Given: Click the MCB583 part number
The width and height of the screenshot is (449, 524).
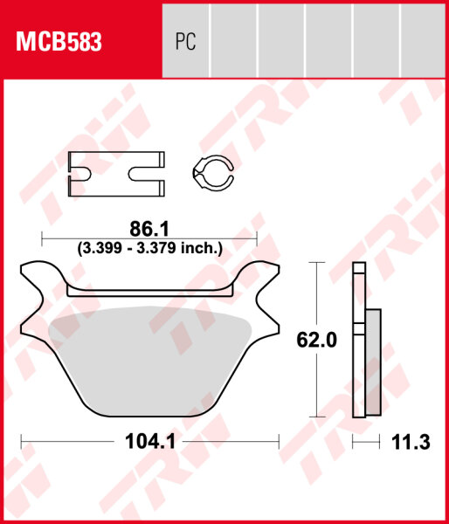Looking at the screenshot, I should click(x=56, y=41).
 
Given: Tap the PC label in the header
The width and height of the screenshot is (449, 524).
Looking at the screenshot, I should click(x=185, y=41).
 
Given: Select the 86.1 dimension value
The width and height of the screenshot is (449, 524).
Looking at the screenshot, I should click(x=149, y=229).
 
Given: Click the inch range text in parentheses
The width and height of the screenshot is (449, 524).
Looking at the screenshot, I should click(x=149, y=248).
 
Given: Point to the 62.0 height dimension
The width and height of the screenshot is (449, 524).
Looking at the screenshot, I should click(x=317, y=341).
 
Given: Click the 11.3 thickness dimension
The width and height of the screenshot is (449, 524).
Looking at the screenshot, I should click(x=413, y=443).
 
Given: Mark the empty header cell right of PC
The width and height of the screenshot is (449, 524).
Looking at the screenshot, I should click(x=234, y=41).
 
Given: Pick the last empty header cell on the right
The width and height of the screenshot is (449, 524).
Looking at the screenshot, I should click(x=423, y=41).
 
